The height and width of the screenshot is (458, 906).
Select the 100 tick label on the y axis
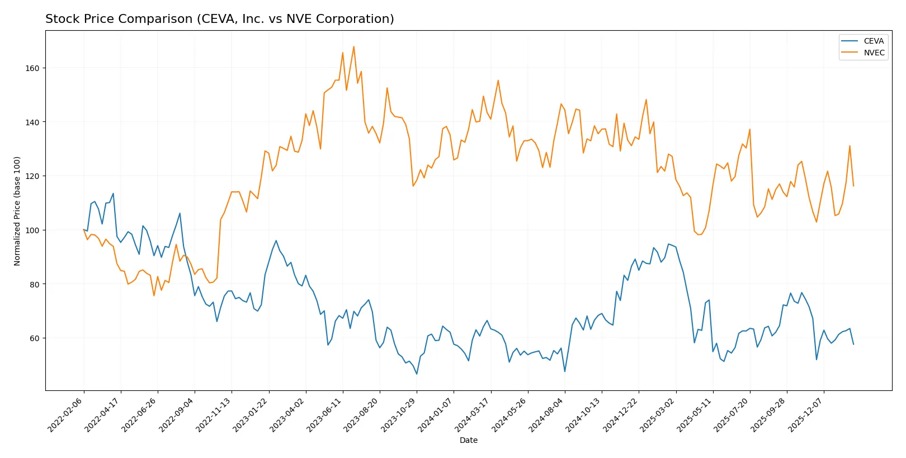pyautogui.click(x=32, y=230)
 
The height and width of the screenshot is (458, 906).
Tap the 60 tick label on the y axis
pyautogui.click(x=35, y=338)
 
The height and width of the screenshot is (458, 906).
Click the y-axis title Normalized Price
pyautogui.click(x=17, y=211)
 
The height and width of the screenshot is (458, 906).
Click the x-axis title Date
pyautogui.click(x=468, y=440)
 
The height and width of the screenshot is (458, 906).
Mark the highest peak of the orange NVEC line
pyautogui.click(x=353, y=46)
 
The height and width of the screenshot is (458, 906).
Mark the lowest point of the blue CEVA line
pyautogui.click(x=417, y=374)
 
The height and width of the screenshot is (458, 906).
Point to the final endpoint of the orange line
pyautogui.click(x=853, y=186)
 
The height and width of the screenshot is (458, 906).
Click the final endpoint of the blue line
pyautogui.click(x=853, y=344)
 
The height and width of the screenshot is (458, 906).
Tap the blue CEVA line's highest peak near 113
pyautogui.click(x=113, y=193)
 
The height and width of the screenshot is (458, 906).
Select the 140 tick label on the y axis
pyautogui.click(x=32, y=122)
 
